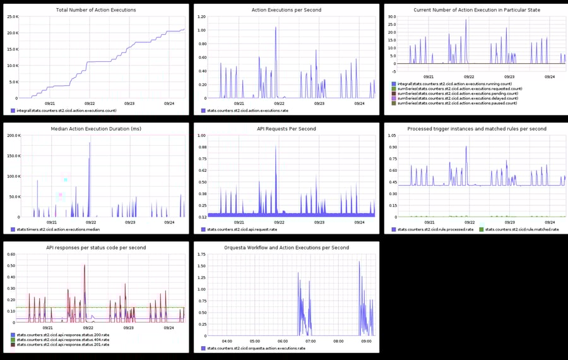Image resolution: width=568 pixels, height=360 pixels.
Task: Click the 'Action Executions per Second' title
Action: point(286,10)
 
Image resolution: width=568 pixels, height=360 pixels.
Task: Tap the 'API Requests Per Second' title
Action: point(286,129)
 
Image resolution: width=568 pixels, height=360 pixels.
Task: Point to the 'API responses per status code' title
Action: point(96,248)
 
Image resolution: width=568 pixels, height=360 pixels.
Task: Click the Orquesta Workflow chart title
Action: point(286,248)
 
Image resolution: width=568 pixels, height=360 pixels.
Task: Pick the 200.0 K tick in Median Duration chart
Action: point(13,136)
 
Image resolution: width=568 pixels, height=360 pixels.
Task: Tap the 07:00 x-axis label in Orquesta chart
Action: point(310,341)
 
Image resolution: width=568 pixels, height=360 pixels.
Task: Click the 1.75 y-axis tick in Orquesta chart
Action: point(202,255)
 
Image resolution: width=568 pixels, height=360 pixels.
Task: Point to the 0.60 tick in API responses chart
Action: point(11,255)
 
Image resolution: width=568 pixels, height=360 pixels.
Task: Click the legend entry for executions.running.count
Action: point(454,84)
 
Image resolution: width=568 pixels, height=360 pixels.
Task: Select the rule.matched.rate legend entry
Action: point(519,229)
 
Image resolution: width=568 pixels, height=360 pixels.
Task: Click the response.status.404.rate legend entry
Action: point(63,340)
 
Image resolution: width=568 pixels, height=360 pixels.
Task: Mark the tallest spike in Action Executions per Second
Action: point(276,28)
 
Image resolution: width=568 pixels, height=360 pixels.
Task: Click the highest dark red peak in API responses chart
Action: point(85,265)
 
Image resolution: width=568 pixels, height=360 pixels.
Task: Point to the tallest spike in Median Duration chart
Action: point(90,143)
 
